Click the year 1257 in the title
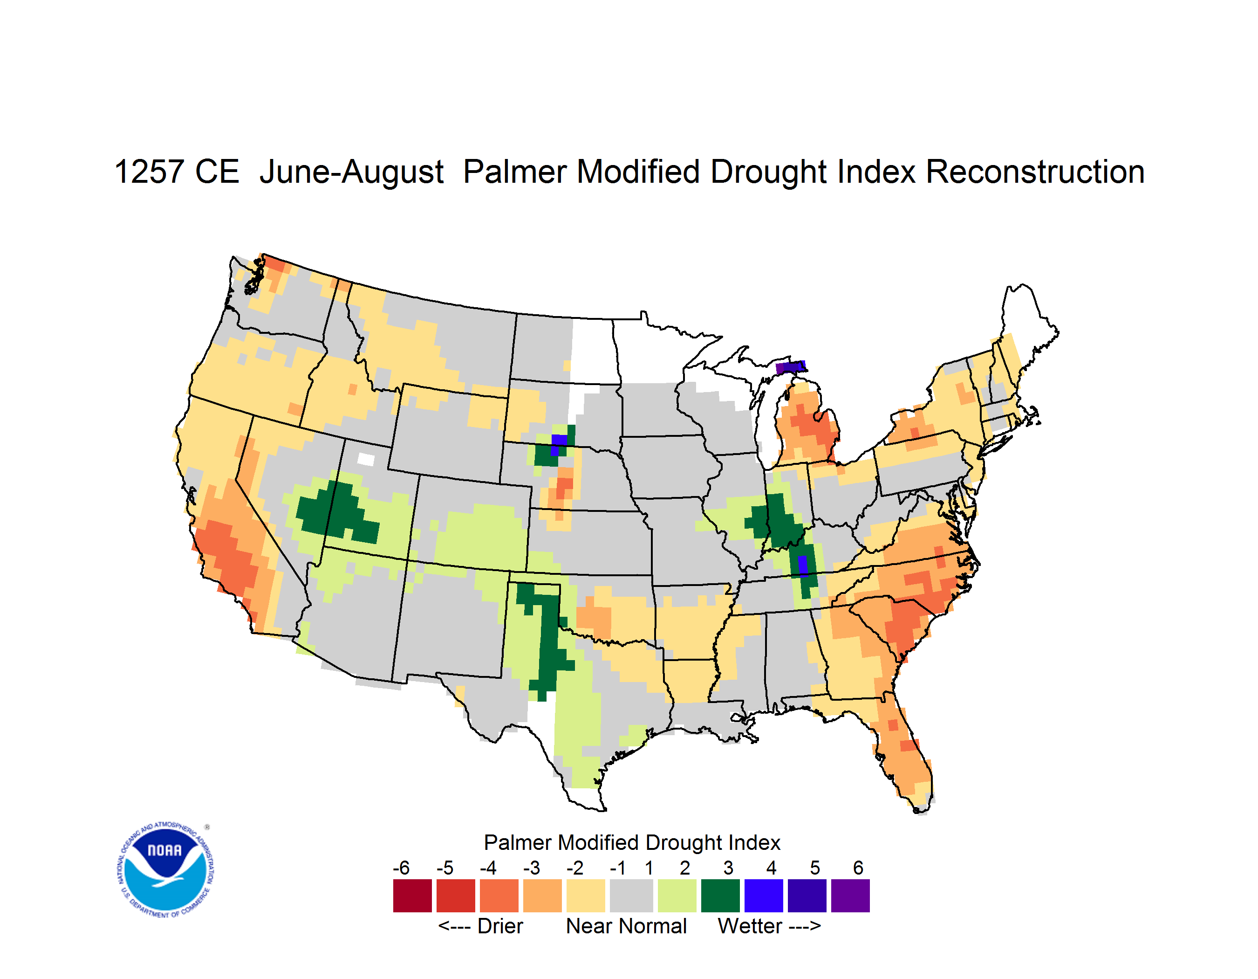click(150, 172)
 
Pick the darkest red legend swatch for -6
click(412, 896)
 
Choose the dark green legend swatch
click(720, 896)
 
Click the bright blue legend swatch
click(764, 896)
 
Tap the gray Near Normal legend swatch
click(631, 896)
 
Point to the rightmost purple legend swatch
click(850, 896)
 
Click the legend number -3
click(532, 868)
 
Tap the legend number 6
click(858, 868)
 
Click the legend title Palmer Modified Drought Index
click(632, 842)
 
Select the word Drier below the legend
click(500, 926)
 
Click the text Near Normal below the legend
click(626, 926)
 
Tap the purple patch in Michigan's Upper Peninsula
click(790, 367)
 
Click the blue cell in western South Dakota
click(559, 444)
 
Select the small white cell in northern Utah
click(366, 459)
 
